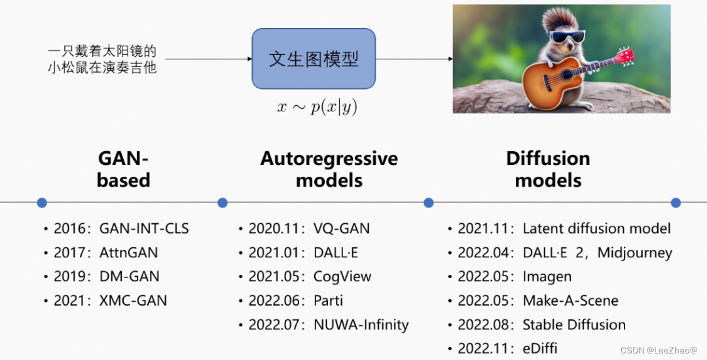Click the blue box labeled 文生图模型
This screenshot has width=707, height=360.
pyautogui.click(x=314, y=59)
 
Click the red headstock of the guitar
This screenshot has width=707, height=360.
pyautogui.click(x=625, y=56)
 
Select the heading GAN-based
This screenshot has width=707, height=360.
pyautogui.click(x=123, y=170)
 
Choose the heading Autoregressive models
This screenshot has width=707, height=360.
pyautogui.click(x=329, y=170)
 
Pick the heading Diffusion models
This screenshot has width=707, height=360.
pyautogui.click(x=548, y=170)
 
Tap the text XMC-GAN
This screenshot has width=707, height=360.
pyautogui.click(x=133, y=300)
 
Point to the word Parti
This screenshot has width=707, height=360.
pyautogui.click(x=328, y=300)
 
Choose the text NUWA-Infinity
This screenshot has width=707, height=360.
pyautogui.click(x=361, y=325)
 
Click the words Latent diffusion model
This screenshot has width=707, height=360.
pyautogui.click(x=596, y=228)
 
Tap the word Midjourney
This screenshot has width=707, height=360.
pyautogui.click(x=634, y=253)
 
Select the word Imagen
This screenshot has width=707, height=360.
pyautogui.click(x=547, y=276)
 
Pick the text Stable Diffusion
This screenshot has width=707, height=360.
pyautogui.click(x=574, y=325)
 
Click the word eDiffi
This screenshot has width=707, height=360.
pyautogui.click(x=540, y=348)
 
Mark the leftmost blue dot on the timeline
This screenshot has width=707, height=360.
pyautogui.click(x=42, y=203)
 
